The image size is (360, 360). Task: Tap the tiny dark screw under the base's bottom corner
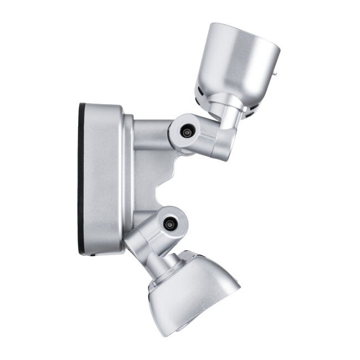[x=92, y=255]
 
